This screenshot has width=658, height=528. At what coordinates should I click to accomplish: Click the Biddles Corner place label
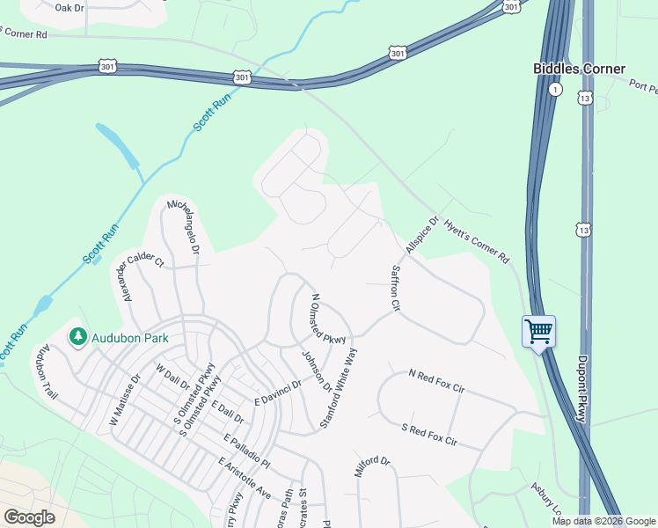(579, 69)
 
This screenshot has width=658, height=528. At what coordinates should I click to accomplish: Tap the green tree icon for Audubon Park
(77, 337)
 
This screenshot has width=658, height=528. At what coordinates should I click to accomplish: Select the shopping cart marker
(538, 332)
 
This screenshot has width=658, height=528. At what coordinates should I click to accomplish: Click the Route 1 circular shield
(555, 90)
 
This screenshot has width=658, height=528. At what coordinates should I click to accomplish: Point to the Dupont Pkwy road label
(581, 388)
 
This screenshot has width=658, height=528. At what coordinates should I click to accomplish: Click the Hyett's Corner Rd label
(477, 242)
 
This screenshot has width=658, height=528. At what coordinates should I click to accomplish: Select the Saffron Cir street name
(396, 290)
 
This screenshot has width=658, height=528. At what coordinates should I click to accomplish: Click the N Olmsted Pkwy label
(329, 314)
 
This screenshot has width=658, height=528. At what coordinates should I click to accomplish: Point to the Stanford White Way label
(340, 388)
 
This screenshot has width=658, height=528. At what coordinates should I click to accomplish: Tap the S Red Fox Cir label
(429, 434)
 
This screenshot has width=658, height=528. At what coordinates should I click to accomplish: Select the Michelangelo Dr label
(184, 226)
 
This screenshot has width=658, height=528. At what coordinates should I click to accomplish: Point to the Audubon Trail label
(45, 373)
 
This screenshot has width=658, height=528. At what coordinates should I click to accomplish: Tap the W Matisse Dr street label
(124, 401)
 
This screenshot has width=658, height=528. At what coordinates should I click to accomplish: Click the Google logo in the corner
(29, 517)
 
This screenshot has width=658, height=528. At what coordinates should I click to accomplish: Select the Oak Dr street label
(69, 7)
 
